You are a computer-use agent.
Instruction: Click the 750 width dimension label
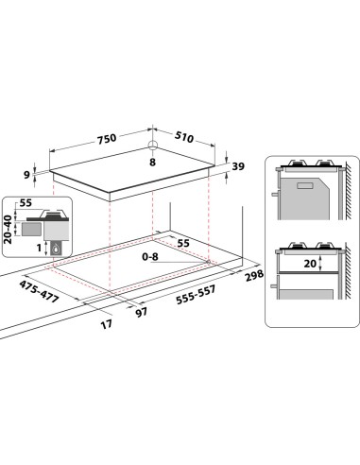[x=106, y=138]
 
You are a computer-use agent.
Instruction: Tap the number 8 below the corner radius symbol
[x=150, y=163]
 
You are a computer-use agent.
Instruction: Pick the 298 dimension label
[x=250, y=275]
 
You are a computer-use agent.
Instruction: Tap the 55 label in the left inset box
[x=26, y=203]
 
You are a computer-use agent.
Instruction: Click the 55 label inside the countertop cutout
[x=183, y=243]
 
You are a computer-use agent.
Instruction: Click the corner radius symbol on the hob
[x=151, y=146]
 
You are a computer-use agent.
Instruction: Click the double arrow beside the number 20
[x=291, y=265]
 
